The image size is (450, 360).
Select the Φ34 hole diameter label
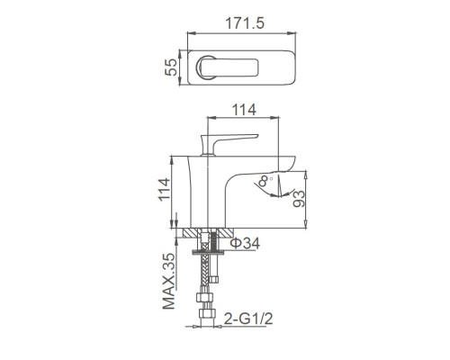tap(246, 243)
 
